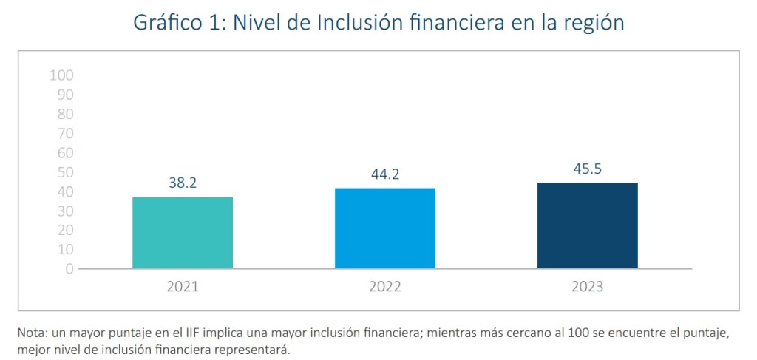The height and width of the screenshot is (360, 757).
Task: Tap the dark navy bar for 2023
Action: click(x=587, y=225)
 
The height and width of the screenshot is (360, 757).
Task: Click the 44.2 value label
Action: click(x=384, y=174)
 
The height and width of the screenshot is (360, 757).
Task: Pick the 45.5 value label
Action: click(x=587, y=169)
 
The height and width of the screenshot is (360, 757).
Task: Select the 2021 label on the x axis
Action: click(x=183, y=287)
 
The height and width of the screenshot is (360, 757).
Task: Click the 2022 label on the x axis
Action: click(x=384, y=287)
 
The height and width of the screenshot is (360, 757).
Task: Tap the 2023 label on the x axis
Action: click(x=587, y=287)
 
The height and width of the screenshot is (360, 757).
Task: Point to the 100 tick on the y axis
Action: click(x=61, y=75)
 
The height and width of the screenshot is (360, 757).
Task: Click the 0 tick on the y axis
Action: click(x=69, y=269)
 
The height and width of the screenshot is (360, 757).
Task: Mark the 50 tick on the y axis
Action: click(x=64, y=172)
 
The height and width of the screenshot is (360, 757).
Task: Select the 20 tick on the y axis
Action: click(x=64, y=231)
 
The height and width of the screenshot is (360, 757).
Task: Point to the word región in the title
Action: click(x=590, y=23)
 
